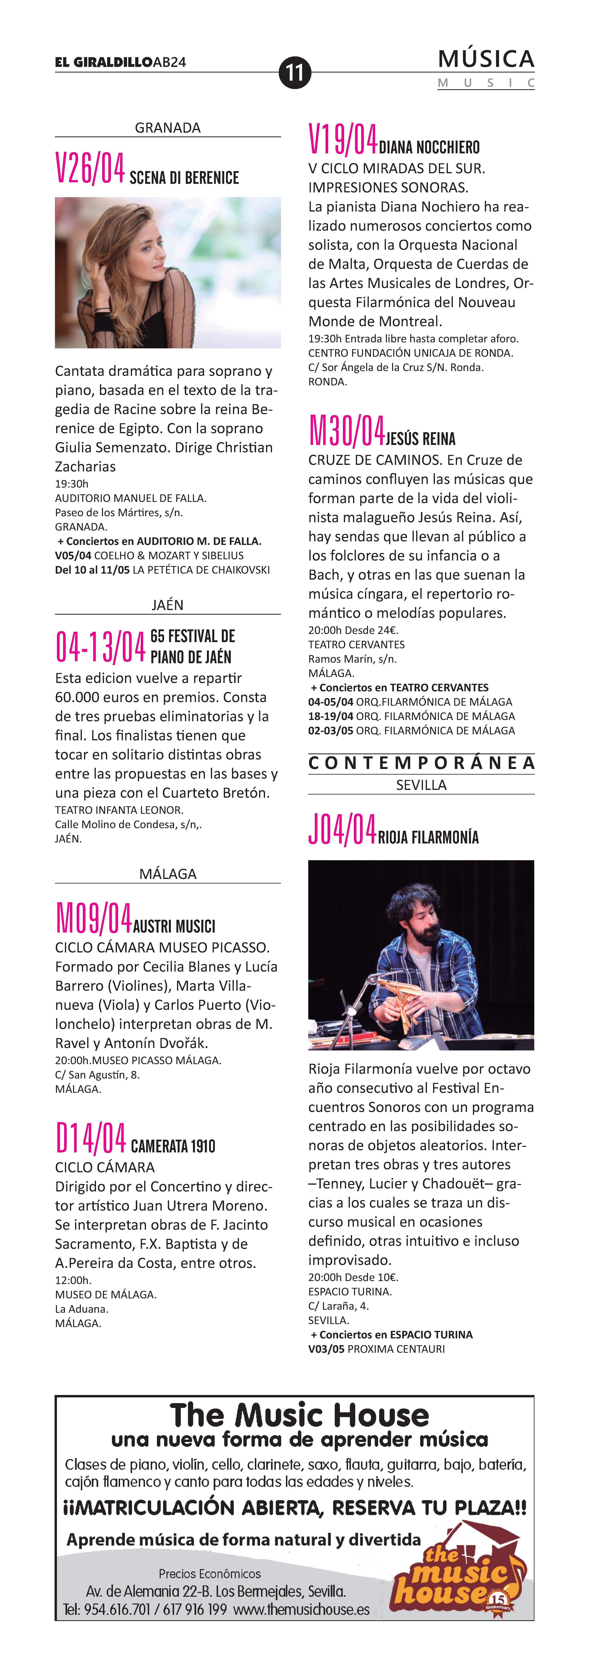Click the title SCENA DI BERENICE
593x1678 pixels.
[x=184, y=178]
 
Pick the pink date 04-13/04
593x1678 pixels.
[x=100, y=647]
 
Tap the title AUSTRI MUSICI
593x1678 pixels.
[x=174, y=926]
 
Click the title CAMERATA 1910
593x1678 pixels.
[x=173, y=1146]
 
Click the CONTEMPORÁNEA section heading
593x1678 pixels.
[x=421, y=763]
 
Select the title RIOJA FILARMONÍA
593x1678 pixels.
[x=428, y=837]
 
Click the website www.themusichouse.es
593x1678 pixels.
[x=301, y=1610]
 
